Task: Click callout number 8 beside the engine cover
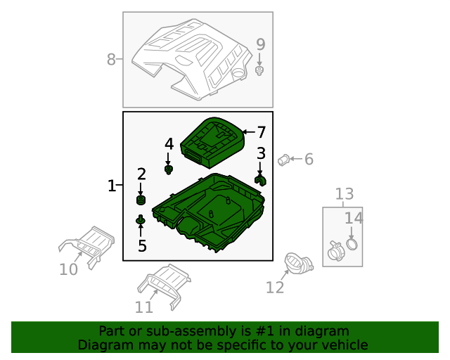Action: click(111, 60)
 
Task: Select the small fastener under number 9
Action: click(259, 70)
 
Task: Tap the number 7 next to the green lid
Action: click(261, 132)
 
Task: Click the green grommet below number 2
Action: click(141, 200)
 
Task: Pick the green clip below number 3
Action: click(260, 181)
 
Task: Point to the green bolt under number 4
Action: click(169, 169)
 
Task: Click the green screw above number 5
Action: click(141, 220)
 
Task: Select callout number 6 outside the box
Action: click(309, 160)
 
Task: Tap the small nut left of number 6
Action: click(283, 160)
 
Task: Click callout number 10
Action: click(68, 269)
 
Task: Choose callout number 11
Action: click(143, 307)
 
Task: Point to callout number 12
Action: click(275, 288)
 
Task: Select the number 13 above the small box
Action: click(345, 194)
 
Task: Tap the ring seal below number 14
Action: click(352, 244)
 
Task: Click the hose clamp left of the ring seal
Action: click(335, 251)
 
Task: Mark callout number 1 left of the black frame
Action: click(111, 186)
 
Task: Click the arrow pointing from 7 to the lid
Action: click(248, 132)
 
